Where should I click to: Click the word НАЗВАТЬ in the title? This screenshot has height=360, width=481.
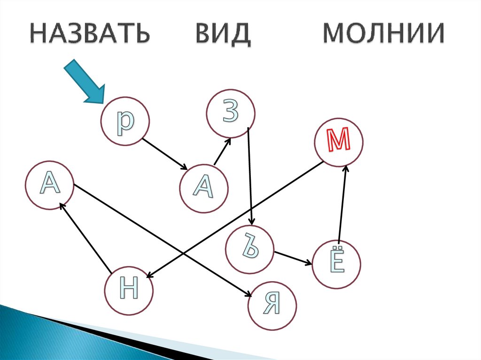(90, 34)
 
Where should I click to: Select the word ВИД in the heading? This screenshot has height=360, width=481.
(220, 34)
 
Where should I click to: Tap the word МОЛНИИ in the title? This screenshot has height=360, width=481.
(383, 34)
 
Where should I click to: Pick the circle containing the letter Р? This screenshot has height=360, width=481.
(125, 121)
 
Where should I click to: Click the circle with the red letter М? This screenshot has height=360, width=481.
(340, 142)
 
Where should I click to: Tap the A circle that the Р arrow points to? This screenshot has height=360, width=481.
(204, 188)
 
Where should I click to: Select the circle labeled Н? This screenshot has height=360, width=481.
(129, 288)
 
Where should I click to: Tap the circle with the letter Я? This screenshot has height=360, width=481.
(272, 305)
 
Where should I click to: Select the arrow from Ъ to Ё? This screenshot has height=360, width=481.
(294, 258)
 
